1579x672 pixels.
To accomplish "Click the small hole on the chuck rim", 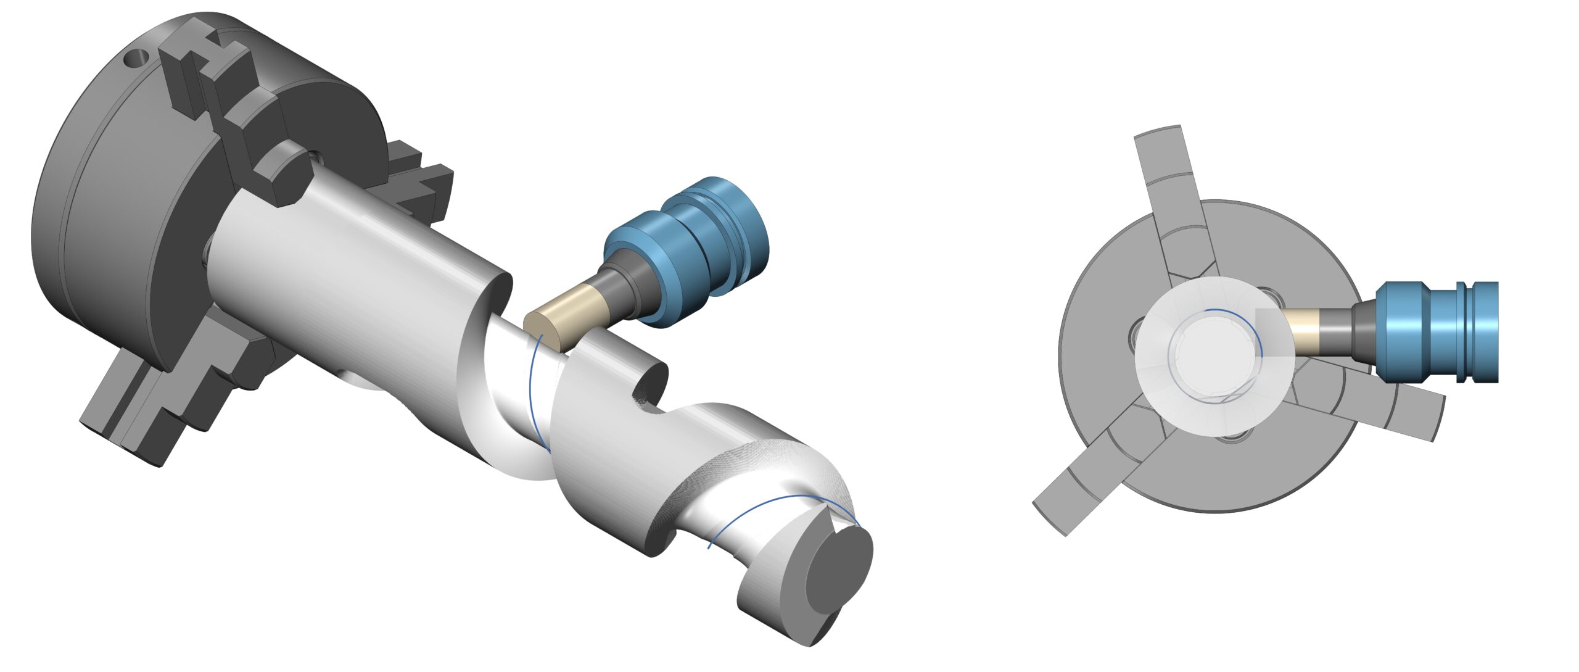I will point(136,60).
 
